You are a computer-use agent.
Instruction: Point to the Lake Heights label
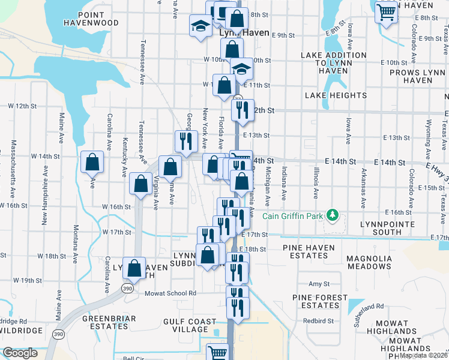point(336,95)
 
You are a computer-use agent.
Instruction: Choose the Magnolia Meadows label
point(361,262)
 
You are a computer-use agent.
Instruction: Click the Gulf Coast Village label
point(190,326)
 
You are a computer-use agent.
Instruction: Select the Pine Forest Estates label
point(319,301)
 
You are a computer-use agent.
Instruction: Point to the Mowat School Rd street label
point(170,293)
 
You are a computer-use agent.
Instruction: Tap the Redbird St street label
point(318,321)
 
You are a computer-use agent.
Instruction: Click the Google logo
point(20,353)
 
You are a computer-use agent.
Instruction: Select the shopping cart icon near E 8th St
point(386,11)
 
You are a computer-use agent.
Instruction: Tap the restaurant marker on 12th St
point(242,109)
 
